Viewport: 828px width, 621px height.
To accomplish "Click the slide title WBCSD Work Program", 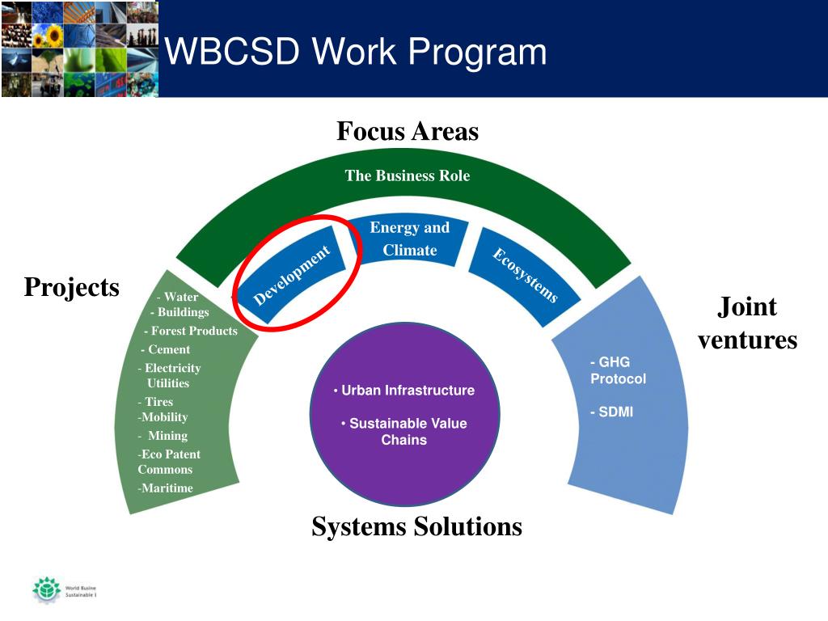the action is (x=356, y=53).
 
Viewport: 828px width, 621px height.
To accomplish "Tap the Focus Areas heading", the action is (x=408, y=131).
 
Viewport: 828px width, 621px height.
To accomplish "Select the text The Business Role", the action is (x=408, y=175).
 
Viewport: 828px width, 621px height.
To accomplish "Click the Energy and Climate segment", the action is (x=409, y=239).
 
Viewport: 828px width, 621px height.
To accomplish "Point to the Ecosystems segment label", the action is (x=526, y=276).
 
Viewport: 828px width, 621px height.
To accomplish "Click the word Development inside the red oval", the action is (x=292, y=276).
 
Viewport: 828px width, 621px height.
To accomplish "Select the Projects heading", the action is (x=71, y=287).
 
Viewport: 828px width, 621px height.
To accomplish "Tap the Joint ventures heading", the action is (x=747, y=323).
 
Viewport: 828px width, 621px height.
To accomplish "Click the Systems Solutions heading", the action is (x=416, y=527).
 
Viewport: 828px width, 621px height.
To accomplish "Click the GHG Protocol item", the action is (x=618, y=370).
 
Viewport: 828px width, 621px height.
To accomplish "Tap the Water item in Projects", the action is (x=179, y=297).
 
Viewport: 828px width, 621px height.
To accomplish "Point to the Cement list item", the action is (x=167, y=349).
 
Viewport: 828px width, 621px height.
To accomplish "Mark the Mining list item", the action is (x=166, y=436).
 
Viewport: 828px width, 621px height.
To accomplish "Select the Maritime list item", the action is (x=167, y=488).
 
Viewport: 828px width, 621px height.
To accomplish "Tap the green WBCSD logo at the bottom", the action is (x=46, y=589).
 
